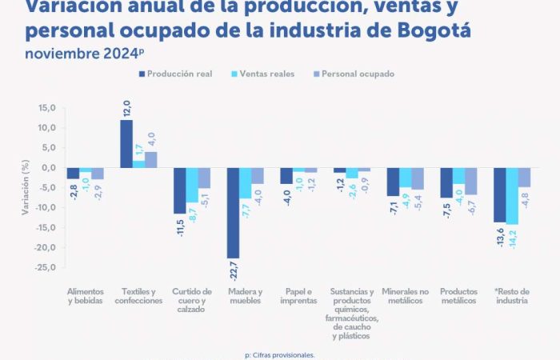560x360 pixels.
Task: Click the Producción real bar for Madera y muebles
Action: (234, 213)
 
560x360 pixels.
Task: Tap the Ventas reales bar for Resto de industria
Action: (512, 196)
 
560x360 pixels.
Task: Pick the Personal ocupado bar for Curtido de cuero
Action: (204, 178)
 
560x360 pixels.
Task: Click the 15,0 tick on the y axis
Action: (46, 108)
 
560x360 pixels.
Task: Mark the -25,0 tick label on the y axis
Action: (45, 267)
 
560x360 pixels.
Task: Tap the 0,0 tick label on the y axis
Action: (48, 168)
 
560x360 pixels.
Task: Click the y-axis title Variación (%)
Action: (26, 188)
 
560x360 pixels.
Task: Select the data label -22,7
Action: (234, 270)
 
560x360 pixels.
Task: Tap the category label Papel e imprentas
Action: (298, 296)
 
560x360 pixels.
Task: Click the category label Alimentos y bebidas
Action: (85, 296)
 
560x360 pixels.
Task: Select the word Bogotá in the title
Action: (432, 30)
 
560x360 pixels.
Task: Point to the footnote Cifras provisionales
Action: (280, 354)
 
